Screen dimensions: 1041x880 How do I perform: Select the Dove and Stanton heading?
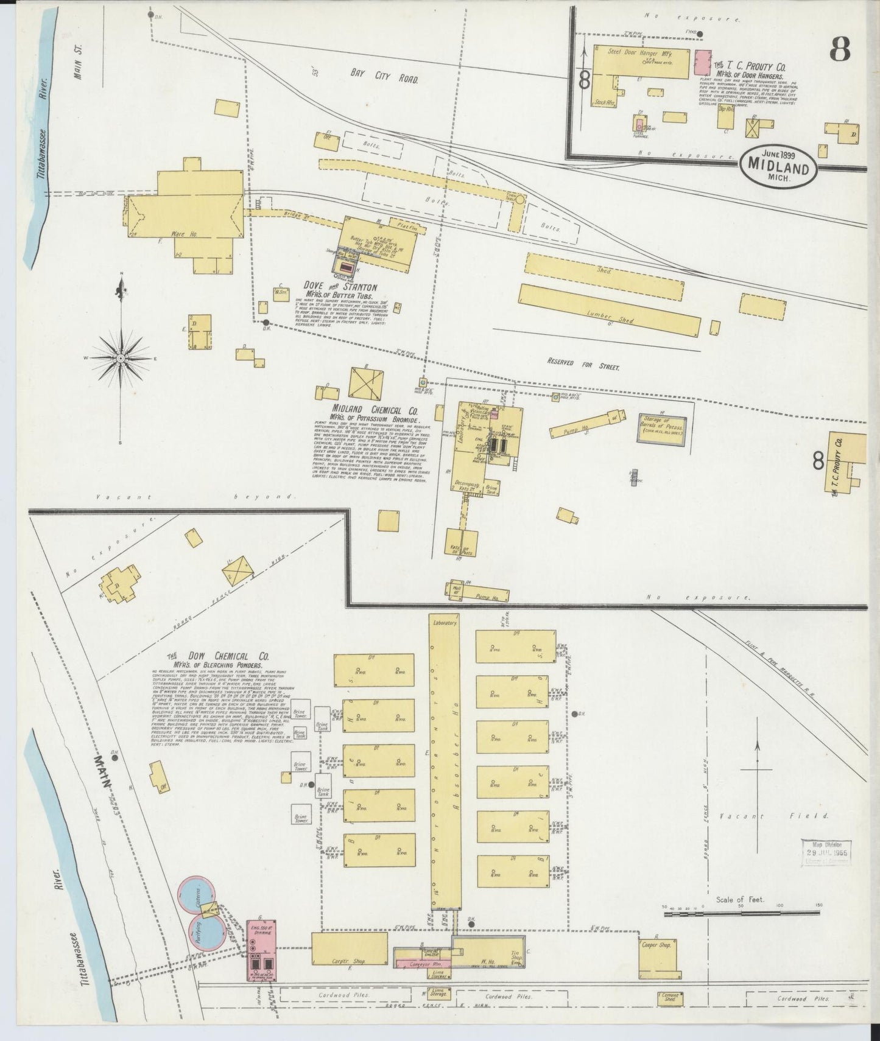click(342, 286)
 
